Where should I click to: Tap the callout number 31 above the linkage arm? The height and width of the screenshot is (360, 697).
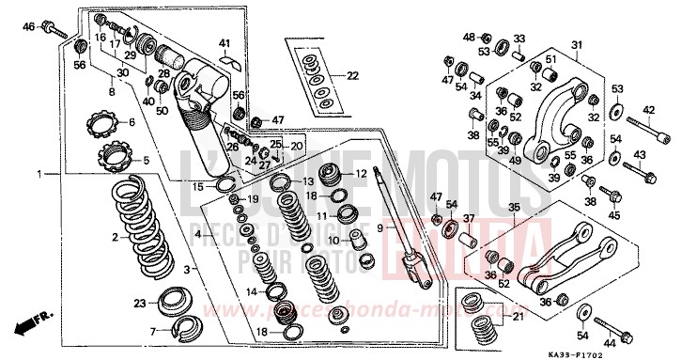578,44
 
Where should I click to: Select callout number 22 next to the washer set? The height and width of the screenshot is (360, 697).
352,75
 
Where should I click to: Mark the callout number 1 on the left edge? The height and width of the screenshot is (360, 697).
39,175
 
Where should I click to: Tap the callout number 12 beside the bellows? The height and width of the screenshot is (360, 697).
361,174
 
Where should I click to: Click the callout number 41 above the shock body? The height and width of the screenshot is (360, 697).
225,43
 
